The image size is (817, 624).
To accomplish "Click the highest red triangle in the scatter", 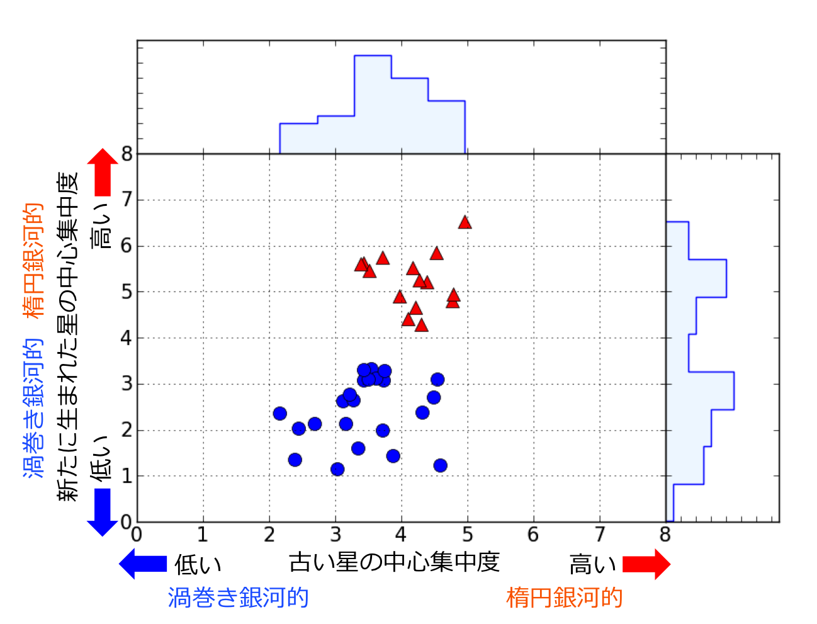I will [465, 222].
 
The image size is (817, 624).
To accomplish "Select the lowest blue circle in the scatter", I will [337, 469].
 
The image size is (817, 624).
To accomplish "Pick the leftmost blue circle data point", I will [280, 414].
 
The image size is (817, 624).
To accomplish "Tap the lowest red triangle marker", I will [422, 326].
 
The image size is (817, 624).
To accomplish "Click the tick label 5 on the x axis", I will [467, 535].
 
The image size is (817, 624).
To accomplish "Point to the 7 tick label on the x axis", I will [599, 535].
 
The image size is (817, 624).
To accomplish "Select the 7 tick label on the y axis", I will [127, 200].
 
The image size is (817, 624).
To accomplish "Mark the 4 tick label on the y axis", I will [127, 338].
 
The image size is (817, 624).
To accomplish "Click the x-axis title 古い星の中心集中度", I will [395, 562].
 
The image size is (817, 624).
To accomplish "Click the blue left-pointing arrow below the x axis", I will [144, 564].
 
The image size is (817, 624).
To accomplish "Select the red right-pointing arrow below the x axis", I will [646, 564].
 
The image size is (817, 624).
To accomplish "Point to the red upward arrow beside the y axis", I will [103, 173].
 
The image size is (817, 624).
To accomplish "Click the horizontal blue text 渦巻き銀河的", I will [239, 598].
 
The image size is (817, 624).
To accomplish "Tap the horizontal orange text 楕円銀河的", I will [565, 598].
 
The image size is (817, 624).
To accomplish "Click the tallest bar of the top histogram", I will [373, 104].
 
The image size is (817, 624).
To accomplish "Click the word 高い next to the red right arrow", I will [592, 564].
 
